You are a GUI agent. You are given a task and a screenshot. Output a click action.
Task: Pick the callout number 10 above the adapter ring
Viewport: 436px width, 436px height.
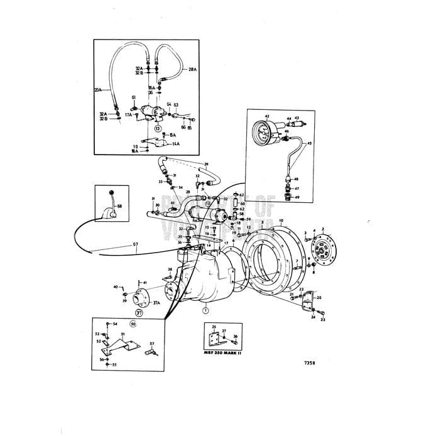[281, 221]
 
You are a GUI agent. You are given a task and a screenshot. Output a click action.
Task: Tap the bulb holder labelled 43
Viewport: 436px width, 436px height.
[297, 124]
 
